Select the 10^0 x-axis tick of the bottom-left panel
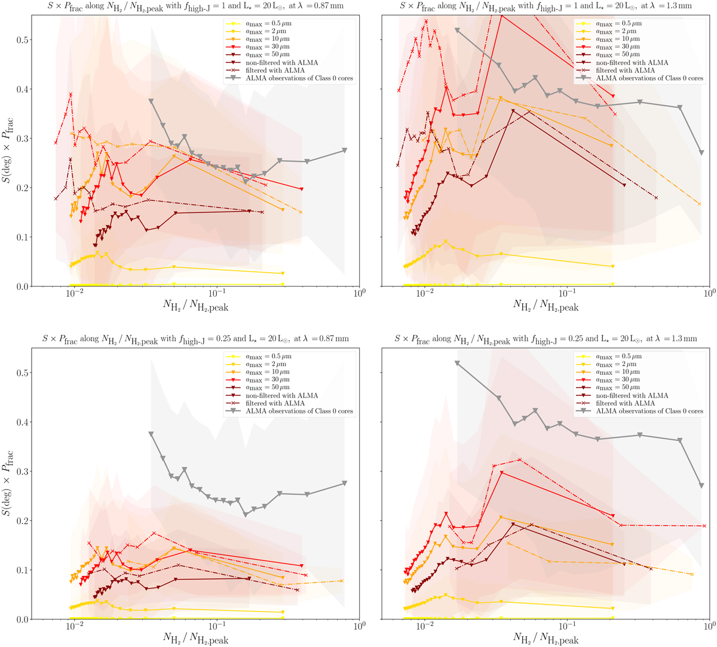click(358, 628)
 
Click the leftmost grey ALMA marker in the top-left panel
click(151, 101)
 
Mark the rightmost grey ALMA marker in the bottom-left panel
click(345, 483)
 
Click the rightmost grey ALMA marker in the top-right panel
click(701, 153)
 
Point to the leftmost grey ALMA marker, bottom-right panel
click(457, 363)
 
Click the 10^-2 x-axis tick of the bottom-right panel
click(425, 628)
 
